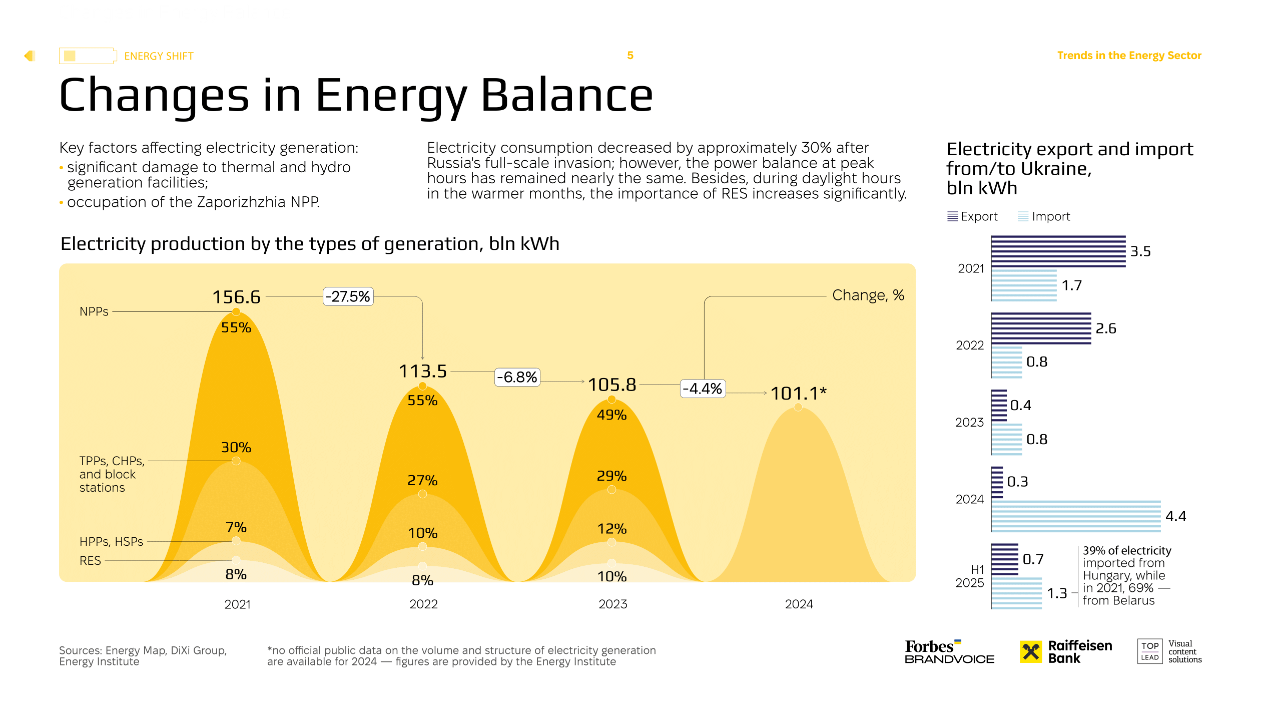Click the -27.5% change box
[348, 296]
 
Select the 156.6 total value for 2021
[236, 297]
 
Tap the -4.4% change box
[702, 389]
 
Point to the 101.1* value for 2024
[798, 394]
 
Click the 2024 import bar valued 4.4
[1075, 516]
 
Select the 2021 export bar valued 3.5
[1058, 251]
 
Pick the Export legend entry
[972, 216]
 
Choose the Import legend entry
[1044, 216]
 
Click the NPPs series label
[94, 311]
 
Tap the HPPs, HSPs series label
[111, 541]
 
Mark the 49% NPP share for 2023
[611, 415]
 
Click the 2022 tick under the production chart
[423, 604]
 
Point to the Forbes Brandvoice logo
[949, 652]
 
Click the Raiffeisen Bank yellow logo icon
[1030, 651]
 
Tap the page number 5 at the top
[630, 56]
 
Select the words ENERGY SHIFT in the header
[159, 56]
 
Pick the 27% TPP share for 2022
[422, 480]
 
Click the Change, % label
[868, 295]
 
